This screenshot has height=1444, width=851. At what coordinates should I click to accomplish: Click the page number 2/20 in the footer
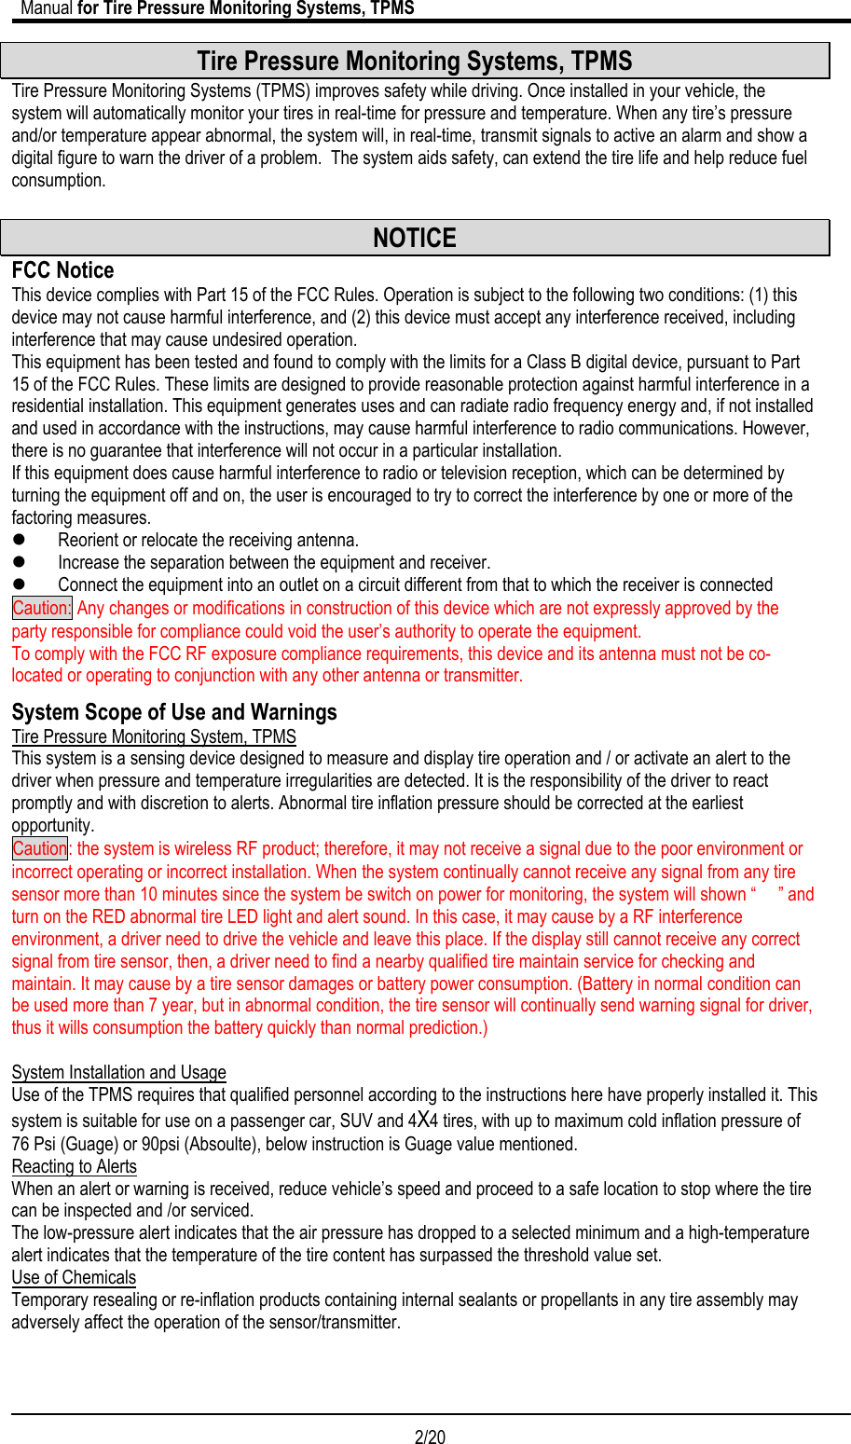click(x=430, y=1437)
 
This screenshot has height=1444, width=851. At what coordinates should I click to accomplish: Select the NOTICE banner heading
click(x=415, y=238)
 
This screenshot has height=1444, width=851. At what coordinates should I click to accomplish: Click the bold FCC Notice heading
click(x=62, y=270)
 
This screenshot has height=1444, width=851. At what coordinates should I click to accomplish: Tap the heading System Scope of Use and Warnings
click(x=174, y=712)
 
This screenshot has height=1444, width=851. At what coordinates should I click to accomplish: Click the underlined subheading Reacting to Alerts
click(x=74, y=1166)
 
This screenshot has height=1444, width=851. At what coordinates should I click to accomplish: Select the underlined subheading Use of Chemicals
click(x=74, y=1277)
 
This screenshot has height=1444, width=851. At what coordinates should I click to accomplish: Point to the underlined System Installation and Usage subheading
click(x=118, y=1072)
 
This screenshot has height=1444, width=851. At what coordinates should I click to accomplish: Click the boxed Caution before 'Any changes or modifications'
click(x=41, y=608)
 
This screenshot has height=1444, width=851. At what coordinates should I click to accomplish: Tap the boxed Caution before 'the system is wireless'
click(x=40, y=848)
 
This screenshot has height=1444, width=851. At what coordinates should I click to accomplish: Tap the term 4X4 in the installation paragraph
click(x=422, y=1121)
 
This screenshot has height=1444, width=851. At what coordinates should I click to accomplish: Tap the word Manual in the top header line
click(x=47, y=8)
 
